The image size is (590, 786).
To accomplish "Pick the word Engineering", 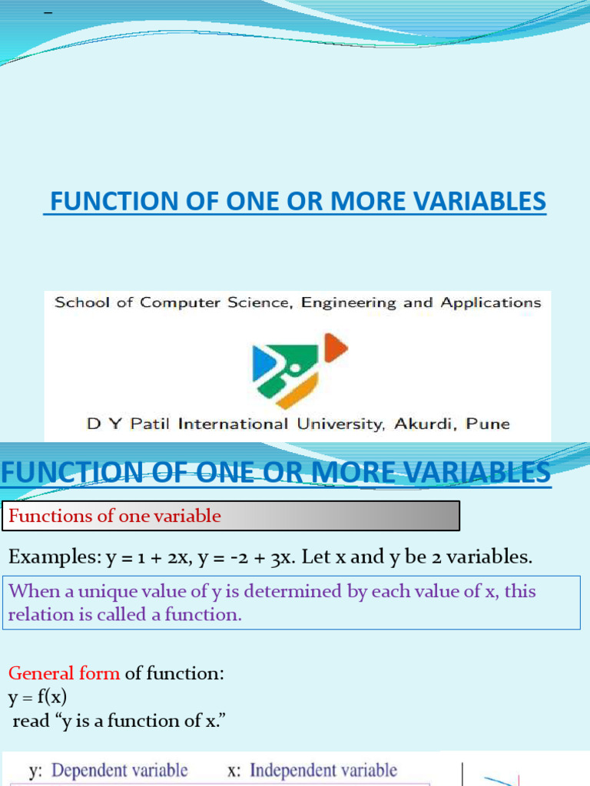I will coord(350,302).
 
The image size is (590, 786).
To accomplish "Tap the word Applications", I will coord(491,302).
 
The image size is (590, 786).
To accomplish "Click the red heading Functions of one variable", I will coord(114,516).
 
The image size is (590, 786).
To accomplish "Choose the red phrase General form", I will coord(64,673).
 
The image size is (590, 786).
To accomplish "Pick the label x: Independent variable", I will coord(312,769).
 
